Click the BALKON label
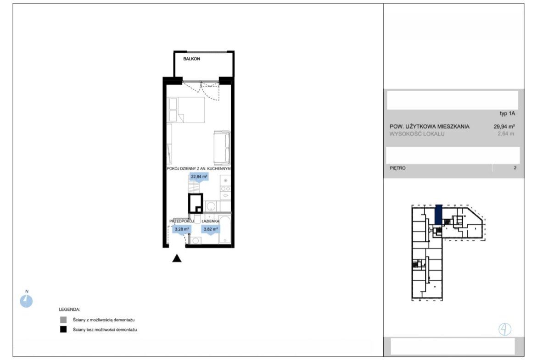191,59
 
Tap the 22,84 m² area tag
199,177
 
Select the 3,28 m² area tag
181,229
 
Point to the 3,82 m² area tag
211,229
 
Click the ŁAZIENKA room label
210,222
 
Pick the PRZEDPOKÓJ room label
181,222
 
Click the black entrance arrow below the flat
177,258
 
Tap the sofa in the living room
222,148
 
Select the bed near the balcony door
185,110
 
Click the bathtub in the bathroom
224,229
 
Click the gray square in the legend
63,320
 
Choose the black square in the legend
63,330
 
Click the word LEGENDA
69,310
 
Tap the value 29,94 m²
504,126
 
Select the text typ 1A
508,113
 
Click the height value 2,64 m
506,134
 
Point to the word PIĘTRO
397,168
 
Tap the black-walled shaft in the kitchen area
196,204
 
